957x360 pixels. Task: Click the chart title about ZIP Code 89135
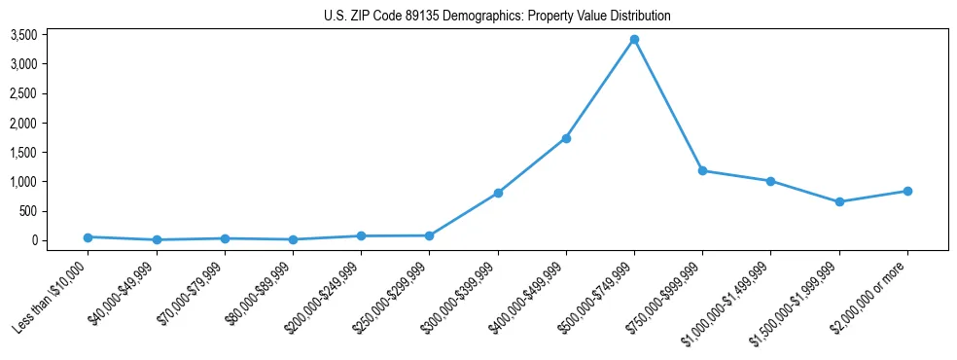497,17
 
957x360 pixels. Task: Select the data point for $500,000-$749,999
634,40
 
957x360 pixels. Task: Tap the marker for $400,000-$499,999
566,138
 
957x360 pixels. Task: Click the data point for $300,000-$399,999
498,193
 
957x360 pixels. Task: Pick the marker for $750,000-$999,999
702,170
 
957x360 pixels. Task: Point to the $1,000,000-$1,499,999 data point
770,181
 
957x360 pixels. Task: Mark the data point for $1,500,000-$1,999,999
839,201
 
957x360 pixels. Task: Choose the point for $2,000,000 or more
907,191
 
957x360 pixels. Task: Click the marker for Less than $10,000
88,236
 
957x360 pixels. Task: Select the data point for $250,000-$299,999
429,235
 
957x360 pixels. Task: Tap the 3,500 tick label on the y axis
23,35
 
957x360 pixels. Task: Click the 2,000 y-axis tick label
23,124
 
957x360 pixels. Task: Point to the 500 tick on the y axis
28,211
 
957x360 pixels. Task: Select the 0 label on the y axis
34,240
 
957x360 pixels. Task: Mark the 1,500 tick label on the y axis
23,153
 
